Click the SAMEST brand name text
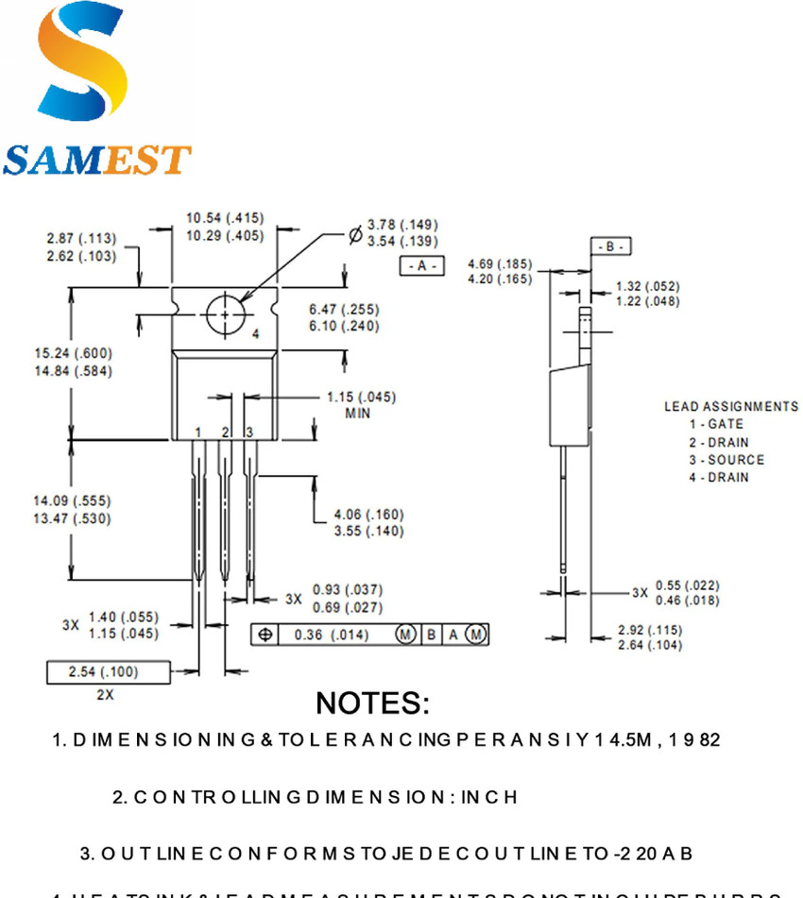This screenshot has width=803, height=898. pos(96,160)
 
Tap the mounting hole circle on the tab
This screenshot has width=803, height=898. pos(225,314)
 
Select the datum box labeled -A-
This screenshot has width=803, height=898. pos(421,266)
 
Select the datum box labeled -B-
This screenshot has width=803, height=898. pos(610,246)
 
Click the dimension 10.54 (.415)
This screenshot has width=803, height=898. pos(224,219)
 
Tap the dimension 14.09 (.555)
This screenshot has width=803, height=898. pos(73,501)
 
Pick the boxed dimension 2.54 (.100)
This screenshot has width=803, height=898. pos(103,671)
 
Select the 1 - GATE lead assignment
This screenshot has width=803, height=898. pos(715,425)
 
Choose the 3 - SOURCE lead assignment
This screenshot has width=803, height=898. pos(726,460)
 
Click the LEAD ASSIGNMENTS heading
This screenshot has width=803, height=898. pos(730,407)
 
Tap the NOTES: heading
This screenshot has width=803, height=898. pos(372,703)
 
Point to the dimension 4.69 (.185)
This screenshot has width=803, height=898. pos(500,263)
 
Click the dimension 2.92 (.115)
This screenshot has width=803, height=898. pos(649,630)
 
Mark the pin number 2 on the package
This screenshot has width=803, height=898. pos(225,432)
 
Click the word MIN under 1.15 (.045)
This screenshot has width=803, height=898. pos(358,414)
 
